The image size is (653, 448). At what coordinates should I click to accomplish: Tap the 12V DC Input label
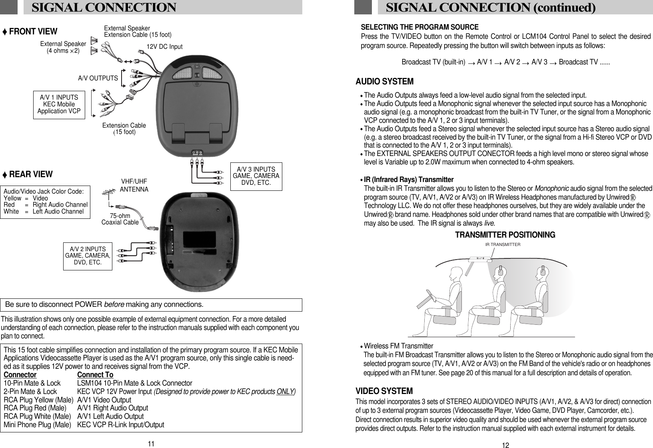coord(164,47)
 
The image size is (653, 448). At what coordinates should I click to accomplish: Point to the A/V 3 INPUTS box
coord(256,176)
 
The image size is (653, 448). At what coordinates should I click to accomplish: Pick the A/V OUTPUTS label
coord(98,78)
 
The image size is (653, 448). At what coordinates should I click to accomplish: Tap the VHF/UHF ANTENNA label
coord(134,185)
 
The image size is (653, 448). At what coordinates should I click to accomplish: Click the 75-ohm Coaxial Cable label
coord(120,219)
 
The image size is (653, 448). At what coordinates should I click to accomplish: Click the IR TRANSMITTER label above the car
coord(503,244)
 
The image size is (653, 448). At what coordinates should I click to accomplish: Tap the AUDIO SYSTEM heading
coord(384,82)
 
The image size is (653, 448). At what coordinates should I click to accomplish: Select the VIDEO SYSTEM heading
coord(384,390)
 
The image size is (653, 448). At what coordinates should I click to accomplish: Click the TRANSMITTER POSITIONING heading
coord(505,235)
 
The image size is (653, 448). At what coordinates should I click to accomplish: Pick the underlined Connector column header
coord(20,375)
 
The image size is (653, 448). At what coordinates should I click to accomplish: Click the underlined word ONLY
coord(285,391)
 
